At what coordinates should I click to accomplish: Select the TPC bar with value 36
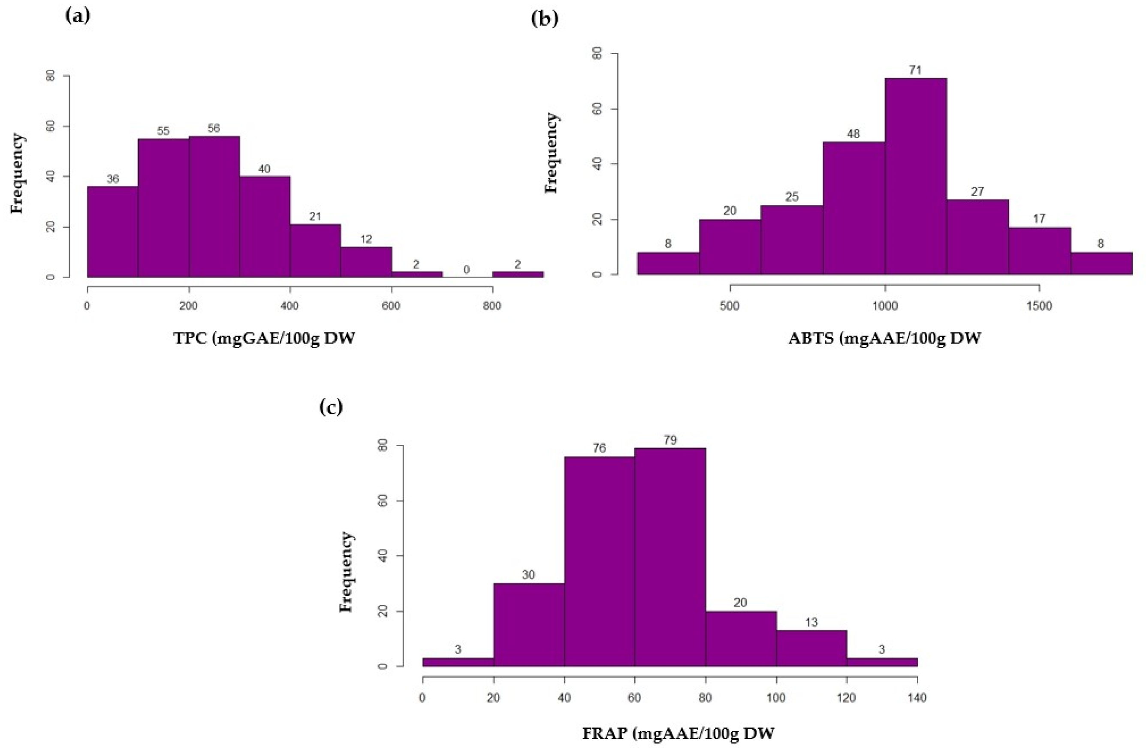pos(112,231)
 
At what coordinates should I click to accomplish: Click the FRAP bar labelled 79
pos(670,557)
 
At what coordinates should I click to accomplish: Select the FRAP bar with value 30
pos(529,624)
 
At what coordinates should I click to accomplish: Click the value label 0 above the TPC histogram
pos(466,270)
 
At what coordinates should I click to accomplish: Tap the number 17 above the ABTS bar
pos(1039,219)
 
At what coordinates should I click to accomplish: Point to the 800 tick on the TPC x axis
pos(492,306)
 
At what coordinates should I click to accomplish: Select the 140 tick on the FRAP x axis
pos(917,697)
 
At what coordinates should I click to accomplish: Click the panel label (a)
pos(77,16)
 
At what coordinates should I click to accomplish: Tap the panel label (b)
pos(545,18)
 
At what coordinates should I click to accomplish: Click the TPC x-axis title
pos(264,338)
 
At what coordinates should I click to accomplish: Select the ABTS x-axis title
pos(884,338)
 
